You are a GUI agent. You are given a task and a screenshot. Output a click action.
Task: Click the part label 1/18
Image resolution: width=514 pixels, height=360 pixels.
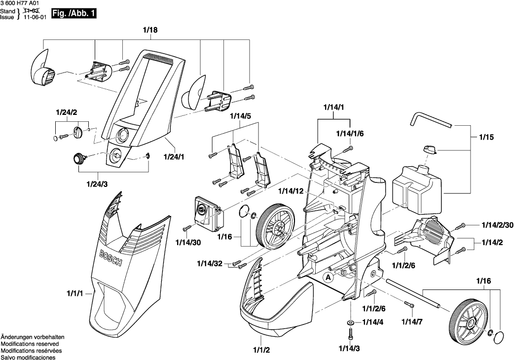(x=150, y=31)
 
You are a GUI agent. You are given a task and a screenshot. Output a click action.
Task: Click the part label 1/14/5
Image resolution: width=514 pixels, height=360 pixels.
(x=241, y=116)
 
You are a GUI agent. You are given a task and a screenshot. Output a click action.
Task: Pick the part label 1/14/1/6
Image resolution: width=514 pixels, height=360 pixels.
(x=350, y=134)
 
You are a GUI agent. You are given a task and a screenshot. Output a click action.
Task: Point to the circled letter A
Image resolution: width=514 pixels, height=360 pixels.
(x=328, y=278)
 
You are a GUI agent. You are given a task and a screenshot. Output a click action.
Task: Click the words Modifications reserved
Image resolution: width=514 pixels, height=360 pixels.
(x=30, y=344)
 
